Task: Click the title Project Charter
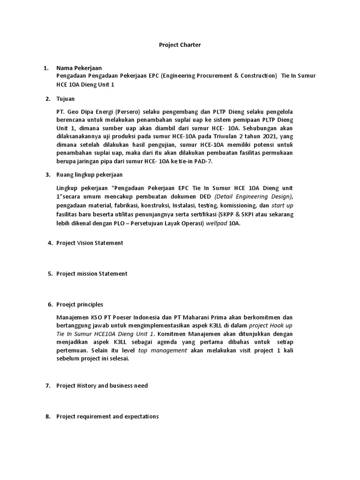180,45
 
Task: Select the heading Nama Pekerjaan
79,68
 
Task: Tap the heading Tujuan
65,99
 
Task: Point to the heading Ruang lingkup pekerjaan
89,175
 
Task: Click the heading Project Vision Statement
90,243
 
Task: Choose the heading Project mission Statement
91,274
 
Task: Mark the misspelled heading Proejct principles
80,305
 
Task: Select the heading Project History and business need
102,386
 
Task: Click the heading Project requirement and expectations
107,416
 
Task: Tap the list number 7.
48,386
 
